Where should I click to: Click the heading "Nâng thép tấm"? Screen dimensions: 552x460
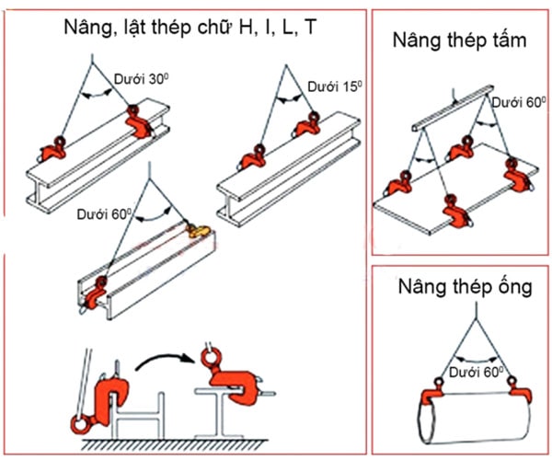pos(459,40)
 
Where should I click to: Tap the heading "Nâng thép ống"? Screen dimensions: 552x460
pos(465,287)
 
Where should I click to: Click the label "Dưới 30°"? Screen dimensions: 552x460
pos(141,79)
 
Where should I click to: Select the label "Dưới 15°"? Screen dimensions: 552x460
pos(335,86)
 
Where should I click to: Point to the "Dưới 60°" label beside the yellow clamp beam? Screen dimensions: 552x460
pos(104,214)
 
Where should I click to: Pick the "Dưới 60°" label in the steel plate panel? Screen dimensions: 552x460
pos(519,102)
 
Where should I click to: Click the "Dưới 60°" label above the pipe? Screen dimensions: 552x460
pos(477,372)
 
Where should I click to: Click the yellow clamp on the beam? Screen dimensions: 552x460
pos(198,231)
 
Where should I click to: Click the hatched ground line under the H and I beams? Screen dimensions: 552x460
pos(175,445)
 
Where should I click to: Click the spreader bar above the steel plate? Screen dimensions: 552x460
pos(453,108)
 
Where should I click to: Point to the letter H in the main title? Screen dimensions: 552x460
pos(246,27)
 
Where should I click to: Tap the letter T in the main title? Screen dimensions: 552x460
pos(311,27)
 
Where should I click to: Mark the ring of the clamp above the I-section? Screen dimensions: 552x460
pos(211,357)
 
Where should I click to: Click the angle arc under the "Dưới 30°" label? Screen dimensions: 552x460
pos(96,94)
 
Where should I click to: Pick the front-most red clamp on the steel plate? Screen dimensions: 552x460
pos(455,212)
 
